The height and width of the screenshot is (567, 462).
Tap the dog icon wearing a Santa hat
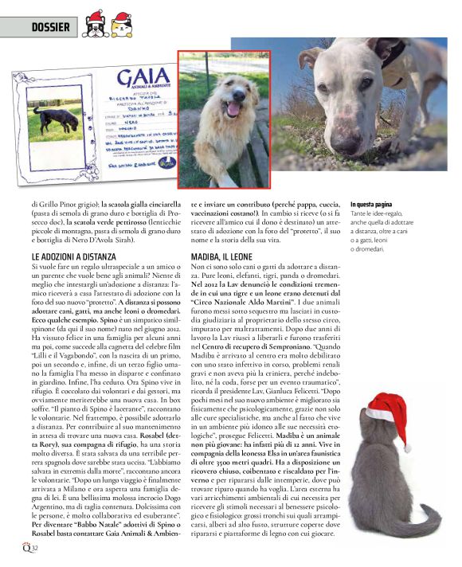coord(95,24)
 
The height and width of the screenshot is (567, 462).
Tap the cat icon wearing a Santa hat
coord(121,25)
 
